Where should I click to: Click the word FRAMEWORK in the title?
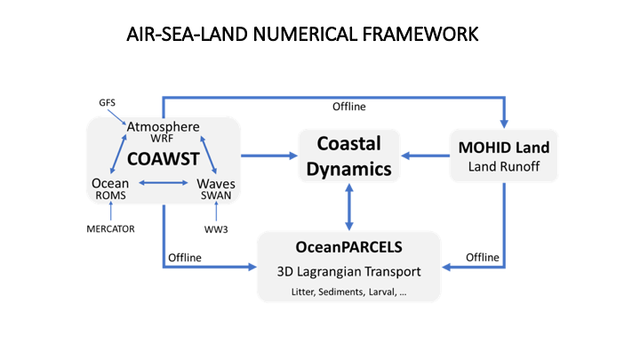[420, 34]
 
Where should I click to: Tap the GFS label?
[107, 102]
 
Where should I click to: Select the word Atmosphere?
[164, 126]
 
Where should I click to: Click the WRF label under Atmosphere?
[162, 139]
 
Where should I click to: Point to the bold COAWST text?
[164, 159]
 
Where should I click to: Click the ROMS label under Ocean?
[110, 196]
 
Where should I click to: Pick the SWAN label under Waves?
[216, 196]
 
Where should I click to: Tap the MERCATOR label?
[110, 229]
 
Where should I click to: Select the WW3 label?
[216, 229]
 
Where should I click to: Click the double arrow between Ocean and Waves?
[164, 183]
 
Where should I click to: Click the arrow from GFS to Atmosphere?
[117, 117]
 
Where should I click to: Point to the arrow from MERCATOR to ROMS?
[110, 211]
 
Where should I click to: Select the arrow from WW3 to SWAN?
[216, 211]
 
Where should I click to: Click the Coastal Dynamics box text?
[349, 156]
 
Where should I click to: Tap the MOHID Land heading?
[504, 148]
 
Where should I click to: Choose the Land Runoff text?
[504, 166]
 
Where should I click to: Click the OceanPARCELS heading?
[349, 247]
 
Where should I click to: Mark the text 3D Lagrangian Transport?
[349, 271]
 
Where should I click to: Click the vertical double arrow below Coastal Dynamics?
[349, 207]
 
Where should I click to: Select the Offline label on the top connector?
[349, 107]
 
